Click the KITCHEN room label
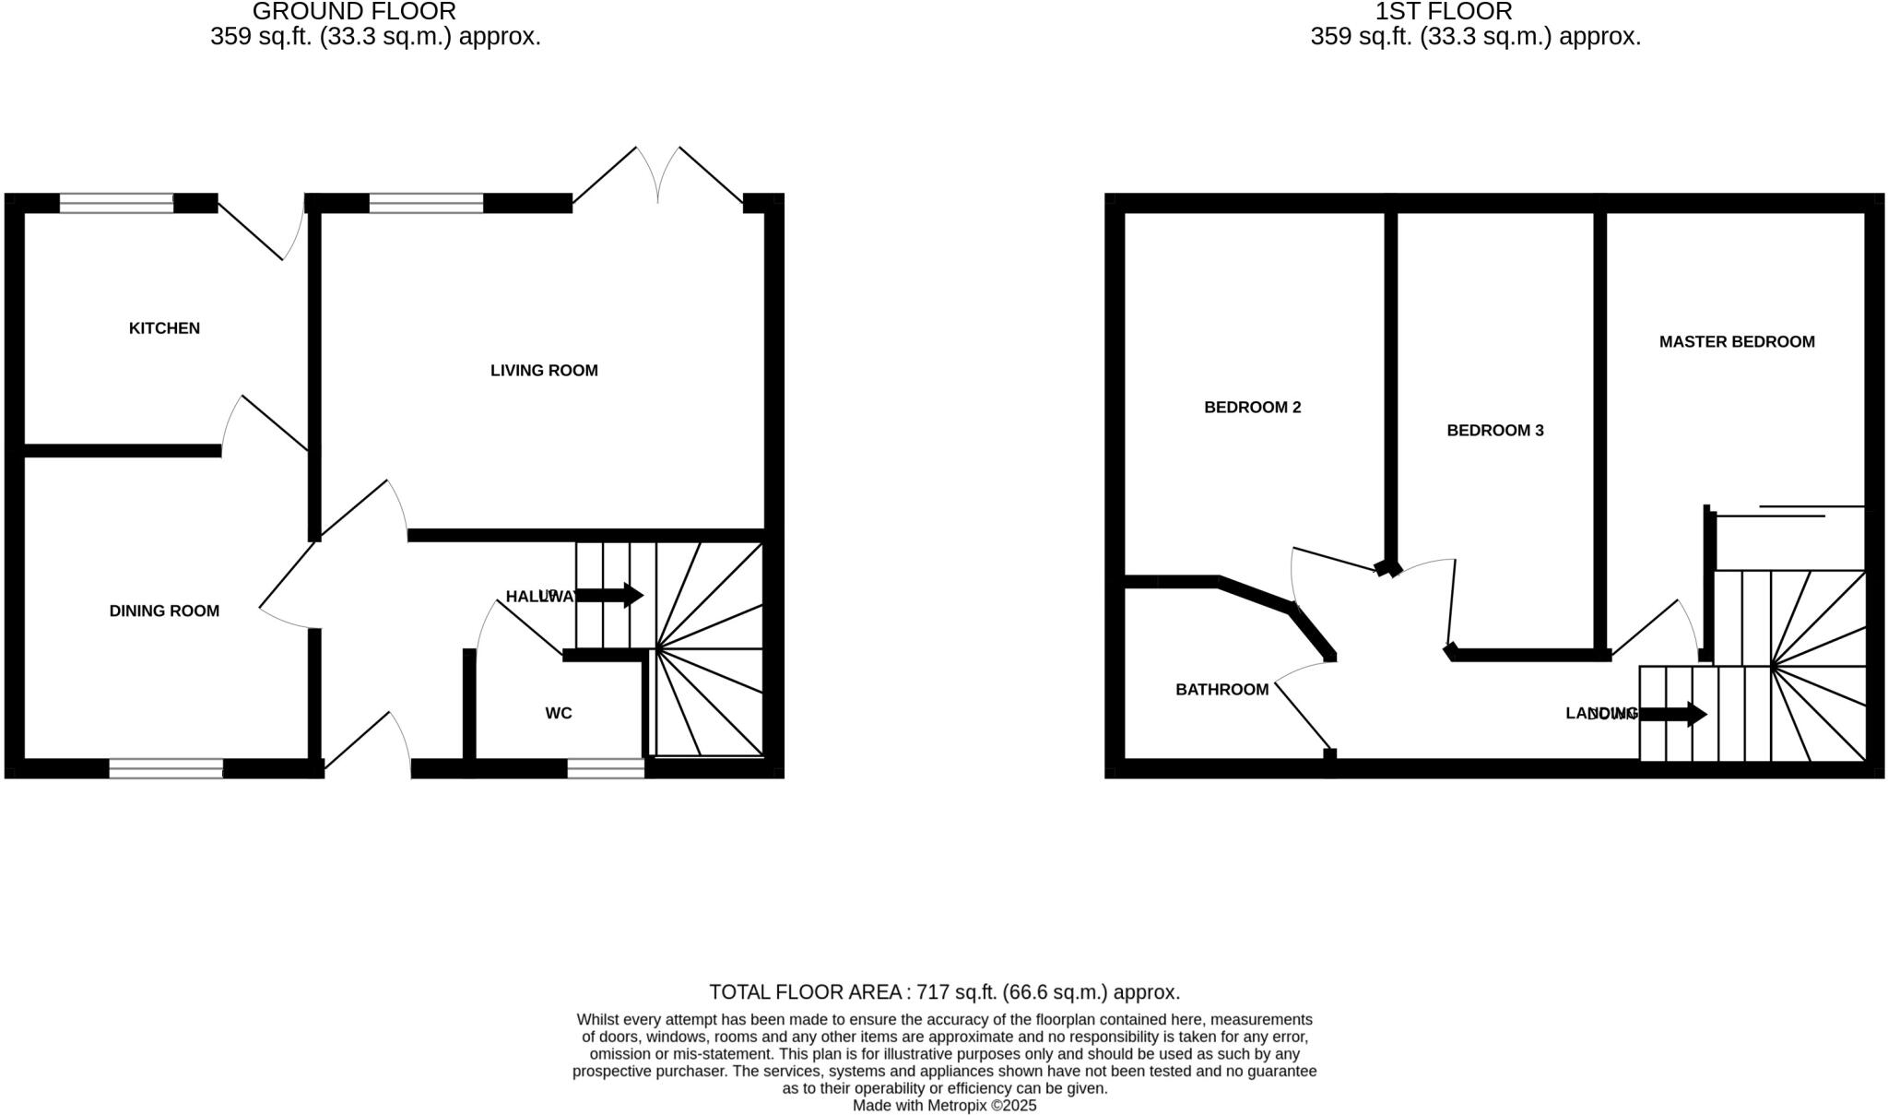pos(164,328)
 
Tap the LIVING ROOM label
pos(544,371)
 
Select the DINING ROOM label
pos(164,611)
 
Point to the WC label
pos(559,713)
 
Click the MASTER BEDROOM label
pos(1737,342)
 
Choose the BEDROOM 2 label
pos(1252,408)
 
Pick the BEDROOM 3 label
pos(1494,431)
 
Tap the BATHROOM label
pos(1221,690)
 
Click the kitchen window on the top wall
pos(116,203)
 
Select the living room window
pos(426,203)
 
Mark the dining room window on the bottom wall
pos(166,768)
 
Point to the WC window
pos(606,768)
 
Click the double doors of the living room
pos(657,180)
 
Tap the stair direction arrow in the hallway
pos(609,595)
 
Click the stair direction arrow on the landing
pos(1673,714)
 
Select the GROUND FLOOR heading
pos(354,12)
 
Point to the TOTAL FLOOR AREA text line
pos(944,992)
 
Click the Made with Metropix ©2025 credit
pos(944,1105)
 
